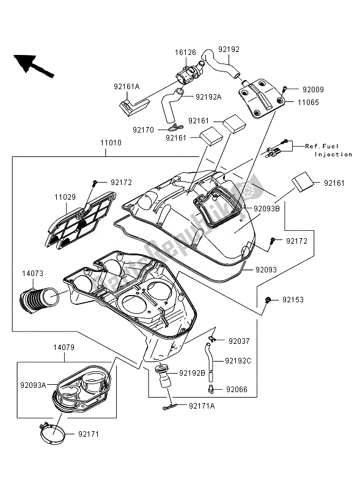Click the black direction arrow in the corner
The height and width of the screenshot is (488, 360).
coord(32,64)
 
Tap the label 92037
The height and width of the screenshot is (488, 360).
coord(240,341)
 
